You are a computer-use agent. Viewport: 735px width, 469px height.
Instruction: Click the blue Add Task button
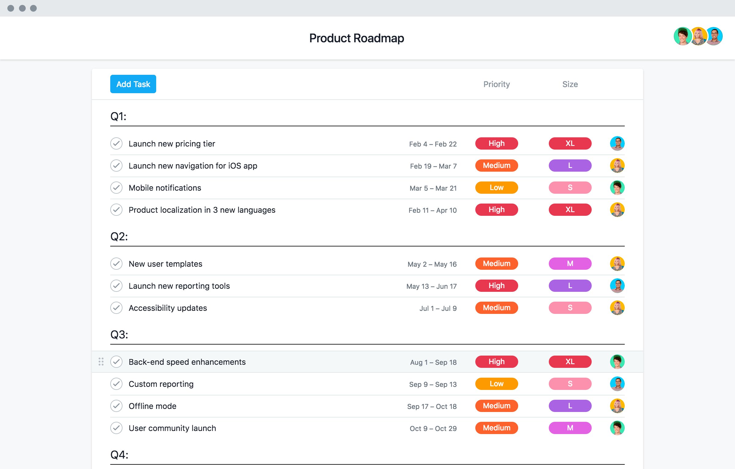point(133,84)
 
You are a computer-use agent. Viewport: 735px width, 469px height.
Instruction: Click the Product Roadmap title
point(356,38)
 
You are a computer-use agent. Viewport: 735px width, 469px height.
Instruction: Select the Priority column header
point(496,84)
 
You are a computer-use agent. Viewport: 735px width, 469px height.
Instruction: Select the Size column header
point(570,84)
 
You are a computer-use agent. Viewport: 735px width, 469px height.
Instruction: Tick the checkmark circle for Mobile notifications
point(116,188)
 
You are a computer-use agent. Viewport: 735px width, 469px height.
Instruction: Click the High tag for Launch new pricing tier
point(496,143)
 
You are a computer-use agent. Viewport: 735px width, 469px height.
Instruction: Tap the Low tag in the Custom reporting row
point(496,384)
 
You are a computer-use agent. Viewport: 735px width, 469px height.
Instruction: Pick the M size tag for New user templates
point(570,264)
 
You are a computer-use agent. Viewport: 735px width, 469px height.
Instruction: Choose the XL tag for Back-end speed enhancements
point(570,362)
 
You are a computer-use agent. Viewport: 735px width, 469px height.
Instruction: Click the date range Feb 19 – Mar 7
point(433,166)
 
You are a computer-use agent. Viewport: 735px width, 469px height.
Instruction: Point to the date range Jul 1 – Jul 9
point(438,308)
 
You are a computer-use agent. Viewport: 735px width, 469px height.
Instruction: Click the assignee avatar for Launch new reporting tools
point(617,286)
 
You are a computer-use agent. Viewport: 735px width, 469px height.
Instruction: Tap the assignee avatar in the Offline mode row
point(617,406)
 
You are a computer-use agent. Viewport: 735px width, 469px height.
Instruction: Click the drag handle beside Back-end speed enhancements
point(101,362)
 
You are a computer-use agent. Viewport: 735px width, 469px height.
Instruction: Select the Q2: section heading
point(119,237)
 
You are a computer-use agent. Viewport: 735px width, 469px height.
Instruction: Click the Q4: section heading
point(119,455)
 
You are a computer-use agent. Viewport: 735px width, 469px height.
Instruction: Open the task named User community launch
point(172,428)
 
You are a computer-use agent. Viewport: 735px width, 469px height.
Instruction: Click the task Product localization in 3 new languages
point(202,210)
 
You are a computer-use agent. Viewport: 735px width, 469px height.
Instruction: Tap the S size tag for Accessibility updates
point(570,308)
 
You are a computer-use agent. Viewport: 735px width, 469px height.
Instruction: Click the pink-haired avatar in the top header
point(698,36)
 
